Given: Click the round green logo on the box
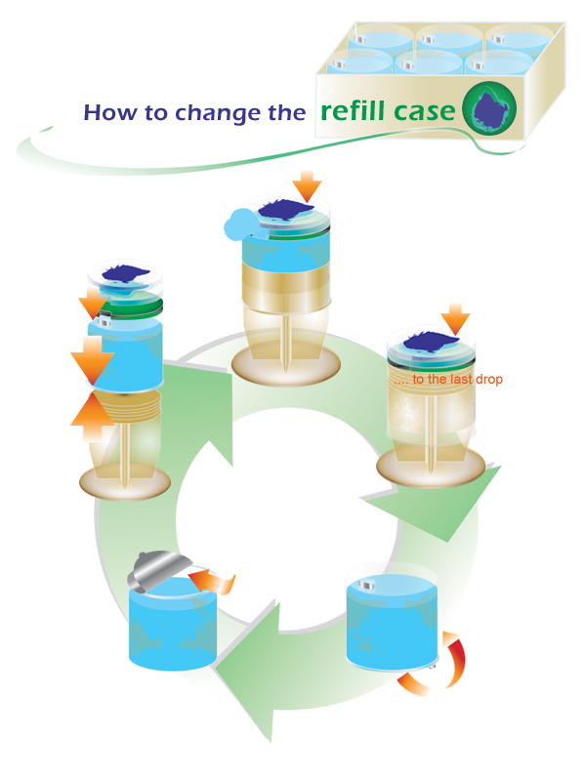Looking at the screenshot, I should (491, 107).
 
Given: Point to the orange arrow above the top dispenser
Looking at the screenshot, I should (308, 183).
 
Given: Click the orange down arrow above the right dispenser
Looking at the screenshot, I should (455, 318).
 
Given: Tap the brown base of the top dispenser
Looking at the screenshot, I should (286, 370).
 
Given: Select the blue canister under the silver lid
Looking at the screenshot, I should (171, 630).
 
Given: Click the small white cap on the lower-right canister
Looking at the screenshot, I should (367, 586).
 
